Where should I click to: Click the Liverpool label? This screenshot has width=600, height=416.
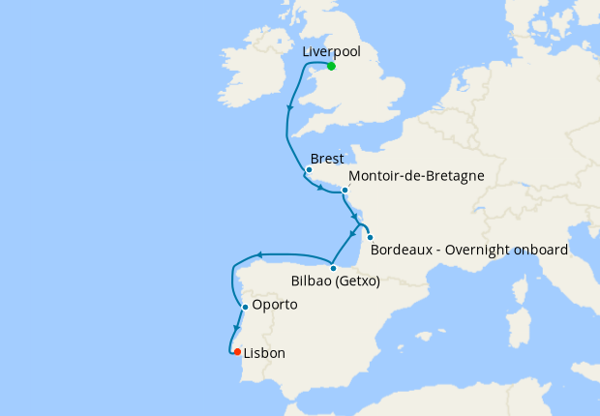[332, 51]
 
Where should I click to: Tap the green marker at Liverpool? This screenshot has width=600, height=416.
[331, 66]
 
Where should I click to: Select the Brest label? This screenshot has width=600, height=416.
[327, 158]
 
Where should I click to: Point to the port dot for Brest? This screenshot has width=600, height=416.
[309, 170]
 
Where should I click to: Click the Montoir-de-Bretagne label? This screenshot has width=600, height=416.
[415, 176]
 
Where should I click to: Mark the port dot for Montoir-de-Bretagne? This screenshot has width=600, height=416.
[345, 190]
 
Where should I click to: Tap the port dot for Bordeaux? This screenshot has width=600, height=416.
[370, 237]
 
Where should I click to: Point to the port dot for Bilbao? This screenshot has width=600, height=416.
[332, 267]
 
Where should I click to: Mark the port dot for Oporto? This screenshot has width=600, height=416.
[245, 307]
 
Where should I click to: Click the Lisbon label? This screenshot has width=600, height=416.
[264, 353]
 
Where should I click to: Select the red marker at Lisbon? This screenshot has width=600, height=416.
[237, 352]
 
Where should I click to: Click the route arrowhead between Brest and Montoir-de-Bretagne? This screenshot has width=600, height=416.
[319, 188]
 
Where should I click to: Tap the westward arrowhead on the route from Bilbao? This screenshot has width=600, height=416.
[259, 255]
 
